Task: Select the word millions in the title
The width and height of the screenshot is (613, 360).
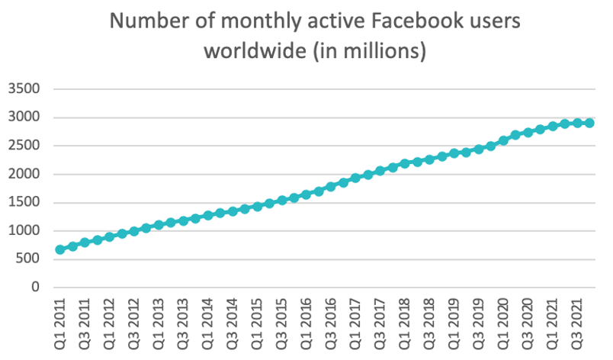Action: pyautogui.click(x=379, y=53)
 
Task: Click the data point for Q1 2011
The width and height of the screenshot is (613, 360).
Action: pyautogui.click(x=60, y=249)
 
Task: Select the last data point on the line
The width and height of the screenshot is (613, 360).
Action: pyautogui.click(x=589, y=123)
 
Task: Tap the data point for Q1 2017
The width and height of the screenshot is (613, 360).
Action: pyautogui.click(x=355, y=178)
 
